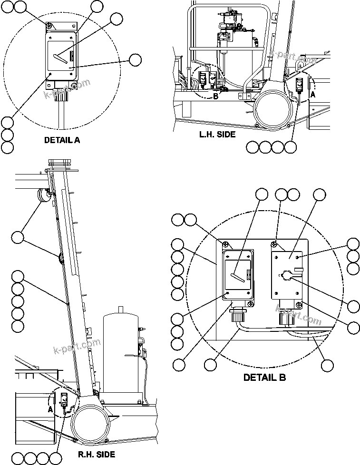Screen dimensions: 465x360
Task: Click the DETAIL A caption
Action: click(x=62, y=140)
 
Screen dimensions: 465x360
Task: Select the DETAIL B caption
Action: click(x=264, y=378)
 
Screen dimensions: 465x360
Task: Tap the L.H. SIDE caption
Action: click(x=217, y=135)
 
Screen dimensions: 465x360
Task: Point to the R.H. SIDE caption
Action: click(x=96, y=455)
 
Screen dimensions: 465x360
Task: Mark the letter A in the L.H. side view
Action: click(x=312, y=95)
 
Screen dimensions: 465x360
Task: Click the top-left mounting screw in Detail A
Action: click(x=49, y=25)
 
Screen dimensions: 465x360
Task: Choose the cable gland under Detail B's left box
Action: click(x=236, y=314)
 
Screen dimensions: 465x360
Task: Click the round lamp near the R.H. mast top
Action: click(x=44, y=195)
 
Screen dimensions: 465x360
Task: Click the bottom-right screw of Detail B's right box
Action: click(x=298, y=305)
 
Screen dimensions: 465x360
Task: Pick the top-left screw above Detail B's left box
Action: click(x=226, y=245)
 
